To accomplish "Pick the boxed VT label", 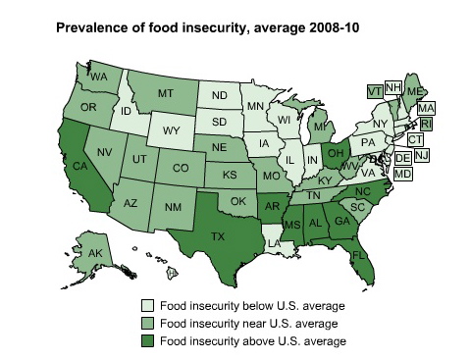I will coord(374,89).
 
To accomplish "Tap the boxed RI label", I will coord(425,123).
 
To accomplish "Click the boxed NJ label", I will coord(420,155).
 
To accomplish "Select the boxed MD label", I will coord(403,174).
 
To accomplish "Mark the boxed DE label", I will coord(402,157).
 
